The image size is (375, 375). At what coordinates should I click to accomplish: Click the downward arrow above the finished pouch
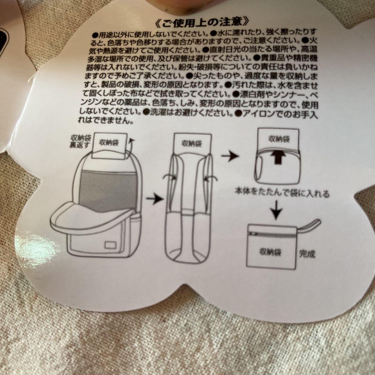pos(276,210)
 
